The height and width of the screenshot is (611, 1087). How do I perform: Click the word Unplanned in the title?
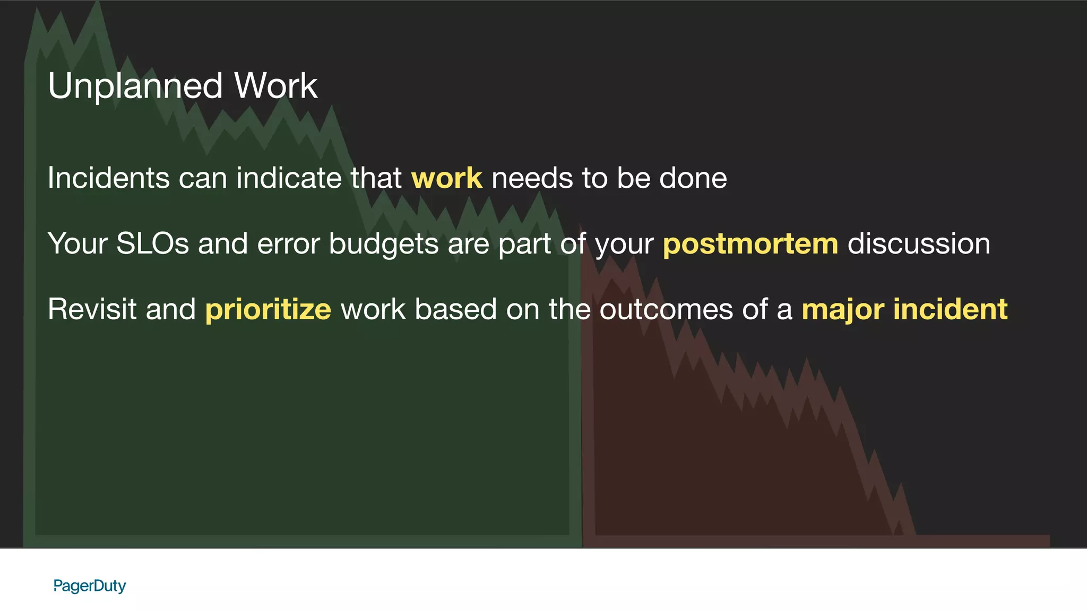[x=135, y=86]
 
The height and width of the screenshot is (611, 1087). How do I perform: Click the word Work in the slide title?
[x=275, y=86]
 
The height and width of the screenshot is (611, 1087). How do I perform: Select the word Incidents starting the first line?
[x=108, y=178]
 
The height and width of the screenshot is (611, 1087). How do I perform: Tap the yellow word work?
[x=446, y=179]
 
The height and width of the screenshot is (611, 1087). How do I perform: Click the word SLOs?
[x=152, y=244]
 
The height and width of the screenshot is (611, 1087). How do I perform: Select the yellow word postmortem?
[x=750, y=245]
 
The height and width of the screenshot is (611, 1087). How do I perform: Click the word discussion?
[x=919, y=244]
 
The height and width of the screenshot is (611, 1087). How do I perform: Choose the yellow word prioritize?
[x=268, y=310]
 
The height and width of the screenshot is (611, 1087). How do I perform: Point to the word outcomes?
[x=666, y=310]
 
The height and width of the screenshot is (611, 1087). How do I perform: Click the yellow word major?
[x=842, y=310]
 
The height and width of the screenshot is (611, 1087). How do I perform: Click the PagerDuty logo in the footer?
[x=90, y=586]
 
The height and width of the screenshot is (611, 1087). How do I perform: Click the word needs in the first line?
[x=532, y=178]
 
